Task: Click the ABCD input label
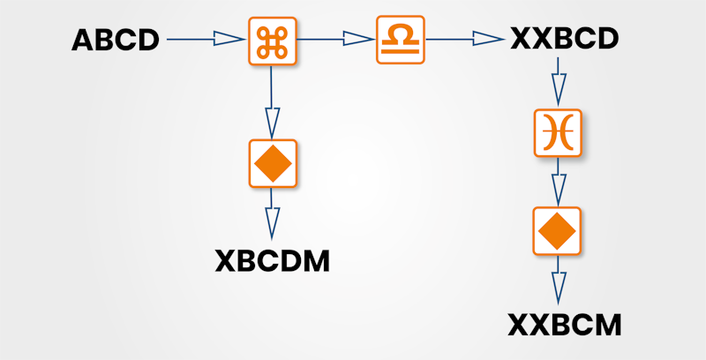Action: coord(116,40)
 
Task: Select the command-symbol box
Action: coord(271,40)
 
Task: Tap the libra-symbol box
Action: coord(401,40)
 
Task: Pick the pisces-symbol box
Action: coord(558,132)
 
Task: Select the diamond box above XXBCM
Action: coord(558,231)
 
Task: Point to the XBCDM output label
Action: coord(273,260)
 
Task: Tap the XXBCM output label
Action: coord(565,326)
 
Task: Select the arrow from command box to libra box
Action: coord(335,39)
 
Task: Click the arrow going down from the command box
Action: coord(272,101)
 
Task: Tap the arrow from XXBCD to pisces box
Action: coord(558,82)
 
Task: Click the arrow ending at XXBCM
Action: coord(558,281)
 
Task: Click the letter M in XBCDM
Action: coord(313,260)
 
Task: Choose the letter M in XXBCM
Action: coord(606,326)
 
